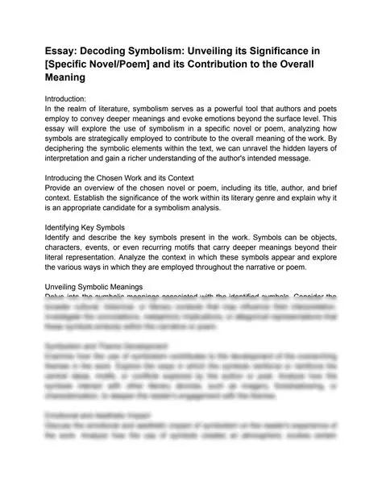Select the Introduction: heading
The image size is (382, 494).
click(x=71, y=97)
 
